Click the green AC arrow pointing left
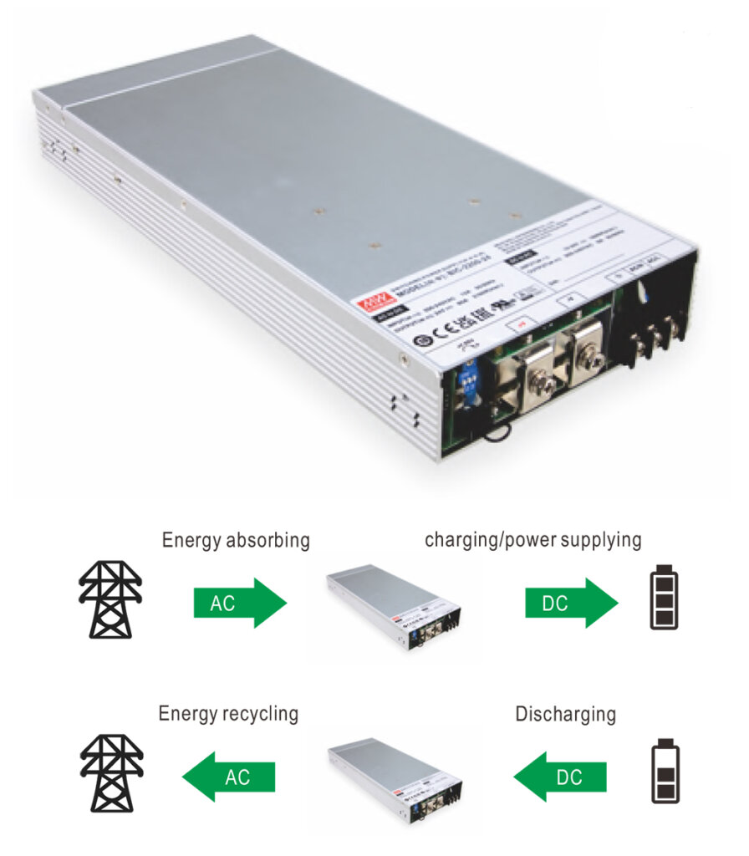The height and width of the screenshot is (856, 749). [229, 777]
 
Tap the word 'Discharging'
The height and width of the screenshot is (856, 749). [565, 715]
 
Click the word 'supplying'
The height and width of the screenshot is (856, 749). [597, 540]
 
